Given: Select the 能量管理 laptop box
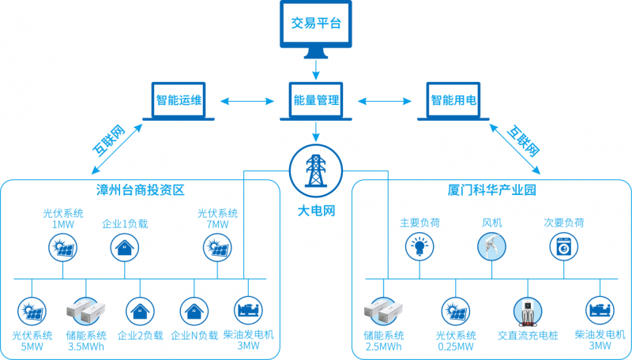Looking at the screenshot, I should pyautogui.click(x=315, y=101).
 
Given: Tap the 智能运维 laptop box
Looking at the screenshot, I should pyautogui.click(x=179, y=101).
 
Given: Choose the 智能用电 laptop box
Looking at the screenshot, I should pyautogui.click(x=453, y=101).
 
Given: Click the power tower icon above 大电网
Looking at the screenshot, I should pyautogui.click(x=315, y=168).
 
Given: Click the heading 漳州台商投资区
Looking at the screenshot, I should pyautogui.click(x=141, y=191).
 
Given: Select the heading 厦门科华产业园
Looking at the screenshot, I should pyautogui.click(x=491, y=191).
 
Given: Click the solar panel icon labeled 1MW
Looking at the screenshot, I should pyautogui.click(x=62, y=249).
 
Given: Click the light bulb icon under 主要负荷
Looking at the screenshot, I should pyautogui.click(x=419, y=248).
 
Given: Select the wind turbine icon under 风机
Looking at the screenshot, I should pyautogui.click(x=491, y=247).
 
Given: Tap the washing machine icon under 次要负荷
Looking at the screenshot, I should pyautogui.click(x=564, y=248).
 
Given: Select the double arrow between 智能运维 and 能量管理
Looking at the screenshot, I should pyautogui.click(x=246, y=101).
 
